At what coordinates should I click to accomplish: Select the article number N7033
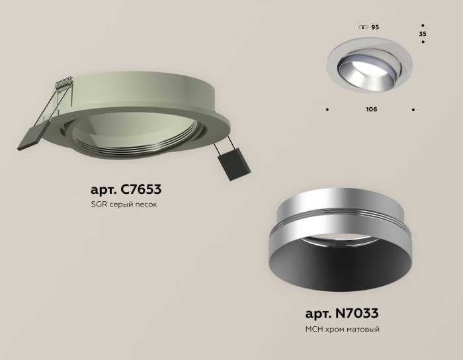pyautogui.click(x=342, y=314)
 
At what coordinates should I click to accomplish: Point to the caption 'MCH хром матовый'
pyautogui.click(x=342, y=329)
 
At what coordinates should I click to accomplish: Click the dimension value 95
pyautogui.click(x=375, y=27)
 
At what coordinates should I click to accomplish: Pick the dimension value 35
pyautogui.click(x=423, y=32)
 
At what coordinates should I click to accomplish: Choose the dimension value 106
pyautogui.click(x=371, y=109)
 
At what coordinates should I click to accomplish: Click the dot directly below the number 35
pyautogui.click(x=423, y=43)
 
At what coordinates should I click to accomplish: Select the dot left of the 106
pyautogui.click(x=327, y=109)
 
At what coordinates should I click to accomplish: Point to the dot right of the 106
pyautogui.click(x=414, y=109)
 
